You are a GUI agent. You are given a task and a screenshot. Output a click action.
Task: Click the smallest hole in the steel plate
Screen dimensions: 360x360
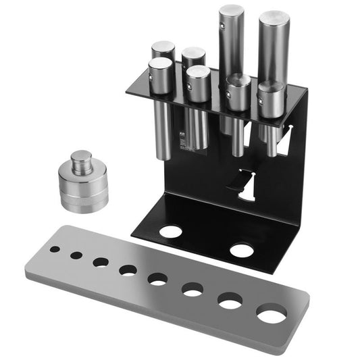(54, 249)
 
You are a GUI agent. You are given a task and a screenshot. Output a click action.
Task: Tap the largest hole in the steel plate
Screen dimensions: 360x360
(272, 315)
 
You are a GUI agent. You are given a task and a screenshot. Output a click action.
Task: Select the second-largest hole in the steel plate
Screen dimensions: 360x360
(230, 301)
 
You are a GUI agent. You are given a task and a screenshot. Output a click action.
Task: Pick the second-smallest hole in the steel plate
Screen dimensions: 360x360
(76, 255)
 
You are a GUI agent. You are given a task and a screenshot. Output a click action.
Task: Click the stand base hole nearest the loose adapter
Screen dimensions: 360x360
(171, 231)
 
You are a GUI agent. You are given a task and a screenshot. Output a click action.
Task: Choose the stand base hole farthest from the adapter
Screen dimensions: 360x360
(241, 251)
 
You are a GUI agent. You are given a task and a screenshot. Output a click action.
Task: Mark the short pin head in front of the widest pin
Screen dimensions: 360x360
(271, 90)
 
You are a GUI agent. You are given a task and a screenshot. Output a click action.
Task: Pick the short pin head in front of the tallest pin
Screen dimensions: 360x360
(237, 84)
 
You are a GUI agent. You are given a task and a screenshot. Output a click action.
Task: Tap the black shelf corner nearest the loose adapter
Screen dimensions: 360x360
(126, 94)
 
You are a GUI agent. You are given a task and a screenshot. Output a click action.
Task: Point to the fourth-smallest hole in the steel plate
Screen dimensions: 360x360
(128, 270)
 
